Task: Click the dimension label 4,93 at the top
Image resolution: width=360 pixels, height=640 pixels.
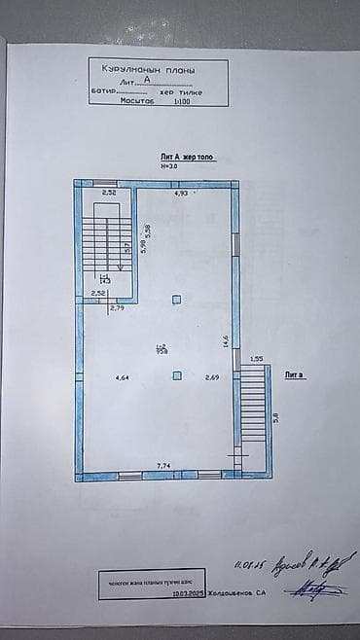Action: pyautogui.click(x=181, y=195)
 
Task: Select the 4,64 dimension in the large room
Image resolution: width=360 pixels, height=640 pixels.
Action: pyautogui.click(x=122, y=377)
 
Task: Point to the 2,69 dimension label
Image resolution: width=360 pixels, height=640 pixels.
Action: pyautogui.click(x=211, y=377)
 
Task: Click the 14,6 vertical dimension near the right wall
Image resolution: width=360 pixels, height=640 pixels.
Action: pyautogui.click(x=227, y=340)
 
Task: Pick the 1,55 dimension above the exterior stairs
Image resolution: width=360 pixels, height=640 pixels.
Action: pyautogui.click(x=257, y=359)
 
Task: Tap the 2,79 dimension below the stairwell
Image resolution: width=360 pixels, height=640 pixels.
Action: pyautogui.click(x=118, y=308)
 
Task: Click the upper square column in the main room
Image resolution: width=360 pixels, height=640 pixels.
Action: pyautogui.click(x=176, y=300)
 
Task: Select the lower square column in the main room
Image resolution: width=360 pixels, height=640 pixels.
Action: pyautogui.click(x=176, y=374)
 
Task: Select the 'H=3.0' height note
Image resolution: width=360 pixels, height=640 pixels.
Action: pyautogui.click(x=170, y=166)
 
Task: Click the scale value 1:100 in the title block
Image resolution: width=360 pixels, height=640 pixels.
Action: pyautogui.click(x=182, y=100)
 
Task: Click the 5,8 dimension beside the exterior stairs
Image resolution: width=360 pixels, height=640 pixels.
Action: pyautogui.click(x=275, y=416)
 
